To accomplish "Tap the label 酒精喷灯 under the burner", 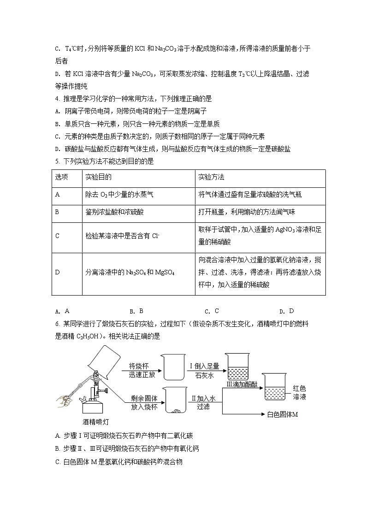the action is point(95,421).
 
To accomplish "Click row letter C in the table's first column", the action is point(58,236).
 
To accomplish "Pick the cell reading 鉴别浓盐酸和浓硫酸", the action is point(113,212).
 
